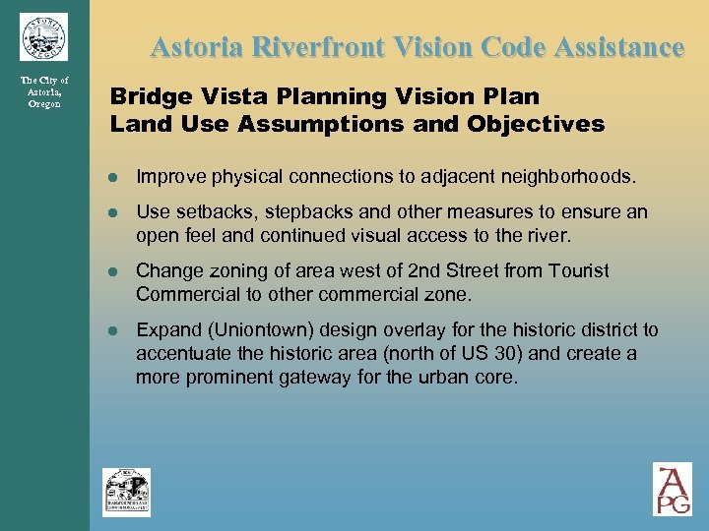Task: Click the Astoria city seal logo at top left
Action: (43, 36)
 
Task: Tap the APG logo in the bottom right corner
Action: (673, 489)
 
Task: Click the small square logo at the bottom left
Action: (127, 492)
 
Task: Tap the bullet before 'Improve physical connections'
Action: (114, 178)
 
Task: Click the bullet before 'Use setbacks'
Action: (114, 212)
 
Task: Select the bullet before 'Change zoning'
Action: (114, 271)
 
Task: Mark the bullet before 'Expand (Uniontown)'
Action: (114, 330)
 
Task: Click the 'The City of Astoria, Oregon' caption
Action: (44, 91)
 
